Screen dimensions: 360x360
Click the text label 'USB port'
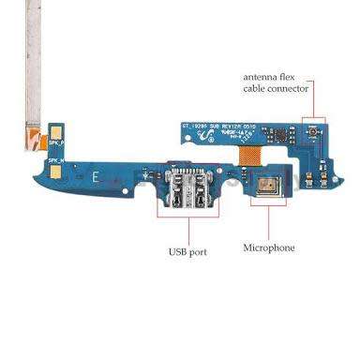click(188, 251)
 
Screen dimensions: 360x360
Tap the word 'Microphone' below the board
click(269, 247)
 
